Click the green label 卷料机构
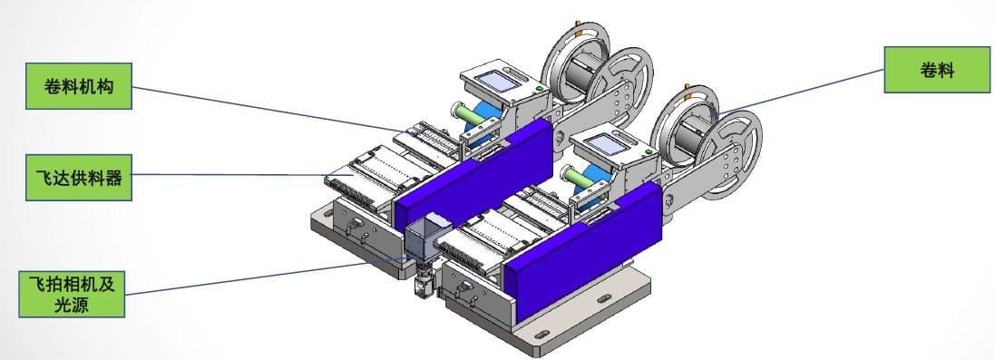click(x=79, y=86)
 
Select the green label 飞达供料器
click(x=79, y=177)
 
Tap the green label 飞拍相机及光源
click(x=72, y=294)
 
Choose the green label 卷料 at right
click(x=937, y=70)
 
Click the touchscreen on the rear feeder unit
click(x=495, y=81)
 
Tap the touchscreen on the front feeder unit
click(x=608, y=144)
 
